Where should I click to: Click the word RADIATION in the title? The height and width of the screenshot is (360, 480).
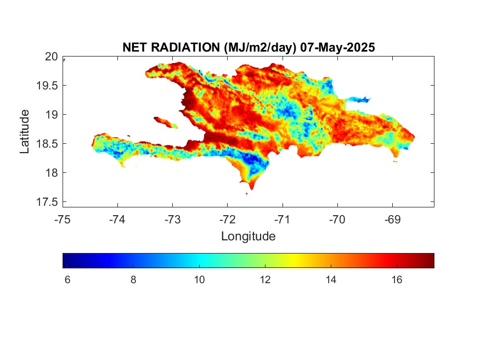186,47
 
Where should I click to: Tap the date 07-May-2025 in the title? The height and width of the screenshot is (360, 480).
337,47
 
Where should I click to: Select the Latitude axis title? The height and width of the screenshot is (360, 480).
25,132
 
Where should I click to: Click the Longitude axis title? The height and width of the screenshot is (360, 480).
249,236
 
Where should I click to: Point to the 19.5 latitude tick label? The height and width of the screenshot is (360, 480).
47,86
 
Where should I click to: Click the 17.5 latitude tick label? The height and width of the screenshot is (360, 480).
47,202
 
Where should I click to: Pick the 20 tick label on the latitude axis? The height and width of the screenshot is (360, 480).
51,57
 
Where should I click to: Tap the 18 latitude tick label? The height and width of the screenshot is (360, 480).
52,173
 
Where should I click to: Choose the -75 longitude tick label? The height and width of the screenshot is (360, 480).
63,220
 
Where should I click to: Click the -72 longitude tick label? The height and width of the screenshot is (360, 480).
228,220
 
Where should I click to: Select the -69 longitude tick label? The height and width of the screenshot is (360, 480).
392,220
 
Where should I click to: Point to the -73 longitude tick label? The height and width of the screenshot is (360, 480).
172,220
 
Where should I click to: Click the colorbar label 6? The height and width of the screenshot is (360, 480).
67,279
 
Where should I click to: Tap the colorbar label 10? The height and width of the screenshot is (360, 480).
199,279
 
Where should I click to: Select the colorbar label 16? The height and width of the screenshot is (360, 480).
397,279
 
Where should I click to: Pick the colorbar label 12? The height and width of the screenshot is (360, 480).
265,279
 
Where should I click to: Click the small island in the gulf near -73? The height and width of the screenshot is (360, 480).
165,122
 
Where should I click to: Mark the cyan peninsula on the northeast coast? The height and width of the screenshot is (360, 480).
358,99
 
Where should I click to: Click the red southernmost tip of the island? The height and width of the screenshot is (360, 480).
252,186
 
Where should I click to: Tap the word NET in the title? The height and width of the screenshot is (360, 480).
135,47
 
